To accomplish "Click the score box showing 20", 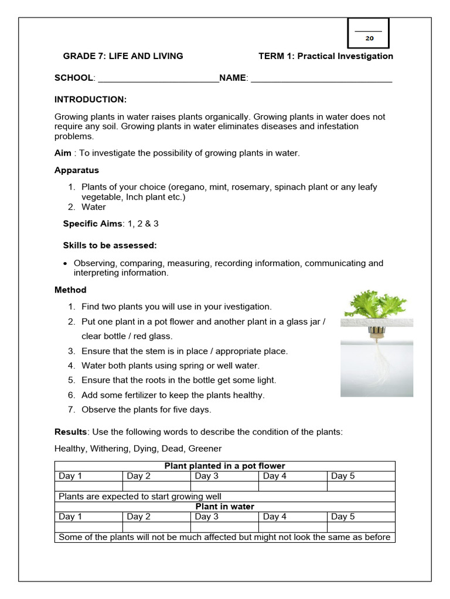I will coord(369,33).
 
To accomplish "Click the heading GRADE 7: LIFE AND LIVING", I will coord(123,56).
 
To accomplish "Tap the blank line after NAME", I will coord(321,78).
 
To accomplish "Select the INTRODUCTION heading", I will coord(90,99).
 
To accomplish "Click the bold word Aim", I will coord(63,153).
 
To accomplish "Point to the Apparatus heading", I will coord(77,170).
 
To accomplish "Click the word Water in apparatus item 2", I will coord(94,207).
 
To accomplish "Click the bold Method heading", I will coord(70,290).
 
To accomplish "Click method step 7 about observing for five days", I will coord(146,409).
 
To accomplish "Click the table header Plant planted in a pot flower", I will coord(225,466).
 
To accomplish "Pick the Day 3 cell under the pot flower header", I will coord(207,476).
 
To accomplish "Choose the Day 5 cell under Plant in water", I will coord(343,517).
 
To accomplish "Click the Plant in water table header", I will coord(225,507).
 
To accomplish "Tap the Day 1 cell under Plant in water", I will coord(71,517).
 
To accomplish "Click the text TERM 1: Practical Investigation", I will coord(326,56).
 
